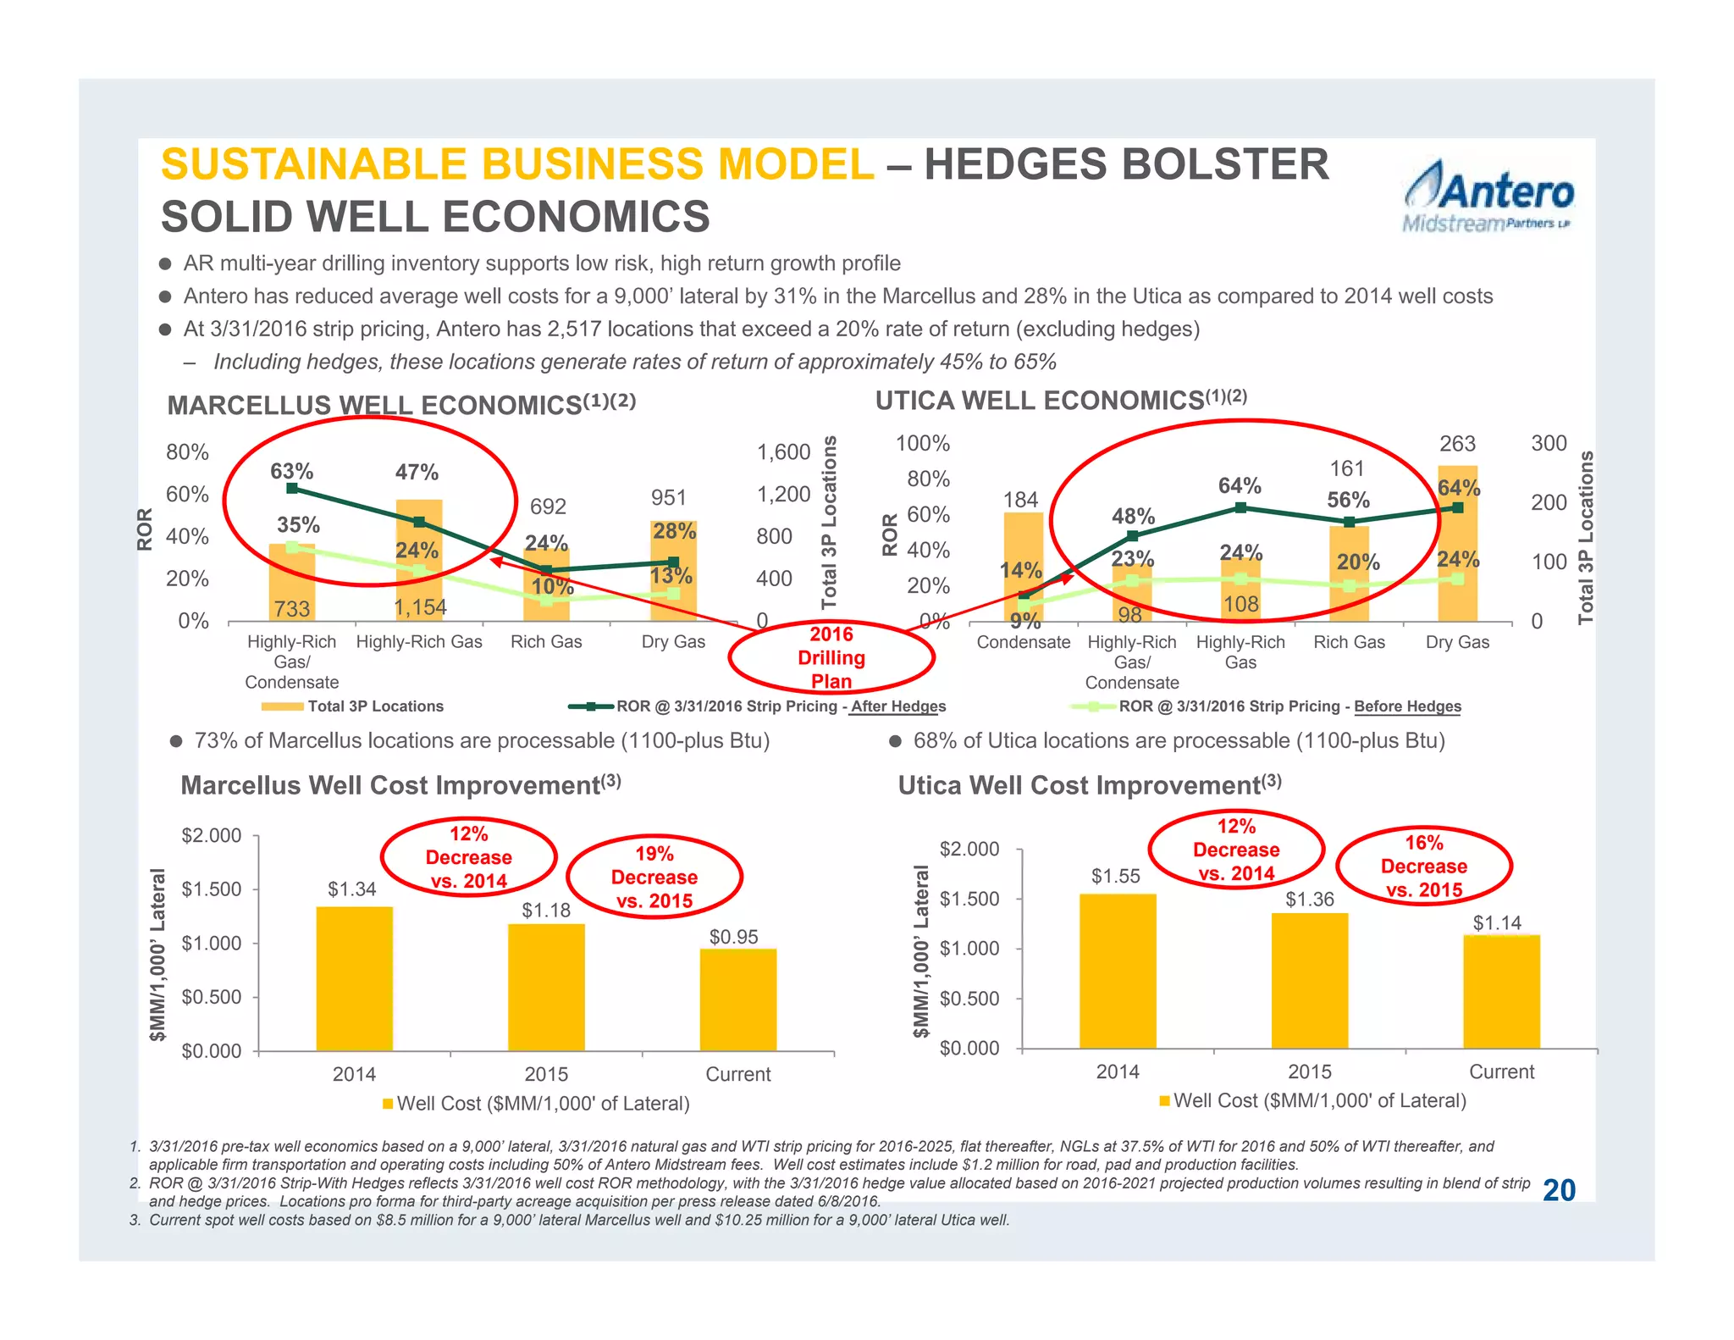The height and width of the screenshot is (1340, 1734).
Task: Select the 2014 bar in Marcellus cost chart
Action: click(354, 978)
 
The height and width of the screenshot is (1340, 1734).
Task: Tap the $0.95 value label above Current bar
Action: click(733, 937)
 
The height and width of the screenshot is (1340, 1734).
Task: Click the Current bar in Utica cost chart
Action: click(1501, 991)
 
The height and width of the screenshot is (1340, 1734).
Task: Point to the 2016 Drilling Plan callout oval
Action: click(831, 657)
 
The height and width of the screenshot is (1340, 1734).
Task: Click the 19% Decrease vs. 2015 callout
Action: click(654, 878)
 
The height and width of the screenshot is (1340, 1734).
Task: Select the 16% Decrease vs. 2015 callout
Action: click(1423, 867)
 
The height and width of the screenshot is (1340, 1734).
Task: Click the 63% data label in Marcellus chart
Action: click(291, 471)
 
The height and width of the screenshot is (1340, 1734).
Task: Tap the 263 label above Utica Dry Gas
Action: click(1457, 444)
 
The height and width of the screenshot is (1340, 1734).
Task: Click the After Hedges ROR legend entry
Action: click(780, 706)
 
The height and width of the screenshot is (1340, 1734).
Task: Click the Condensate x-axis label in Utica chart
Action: click(1023, 642)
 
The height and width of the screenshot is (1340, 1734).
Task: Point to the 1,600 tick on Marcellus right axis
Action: click(783, 452)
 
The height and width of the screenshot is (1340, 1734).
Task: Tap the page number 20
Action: click(1559, 1190)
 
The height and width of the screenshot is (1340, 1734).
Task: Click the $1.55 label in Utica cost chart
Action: click(1115, 877)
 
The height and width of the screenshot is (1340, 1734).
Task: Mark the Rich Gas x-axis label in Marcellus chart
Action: click(546, 642)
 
